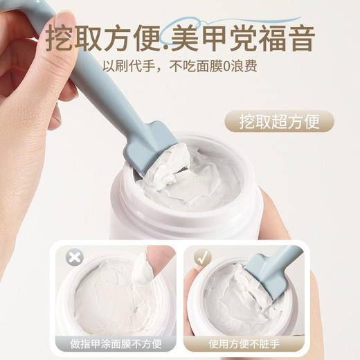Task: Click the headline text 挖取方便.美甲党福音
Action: [x=182, y=36]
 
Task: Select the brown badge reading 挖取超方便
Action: [x=279, y=122]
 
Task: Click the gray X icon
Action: [x=74, y=258]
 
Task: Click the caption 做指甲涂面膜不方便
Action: [x=115, y=342]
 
